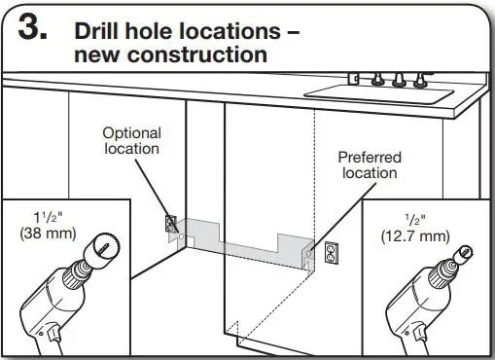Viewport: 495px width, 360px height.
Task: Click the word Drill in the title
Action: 97,31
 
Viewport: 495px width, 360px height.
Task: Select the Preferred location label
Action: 370,164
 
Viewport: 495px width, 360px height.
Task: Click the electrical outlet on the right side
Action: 331,253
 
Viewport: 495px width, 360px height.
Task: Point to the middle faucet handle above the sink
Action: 399,79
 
